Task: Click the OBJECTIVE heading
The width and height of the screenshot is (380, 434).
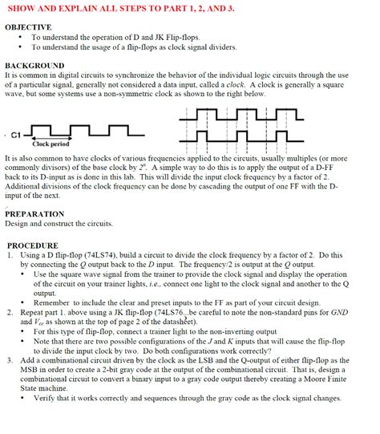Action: (28, 27)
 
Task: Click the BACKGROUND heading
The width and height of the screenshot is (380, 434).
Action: (34, 65)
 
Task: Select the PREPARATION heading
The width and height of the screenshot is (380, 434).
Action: (34, 214)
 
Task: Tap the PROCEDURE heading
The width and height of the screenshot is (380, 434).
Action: (33, 245)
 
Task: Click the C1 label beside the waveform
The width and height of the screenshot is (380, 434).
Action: (16, 135)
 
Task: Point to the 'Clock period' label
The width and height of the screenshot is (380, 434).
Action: (51, 144)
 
